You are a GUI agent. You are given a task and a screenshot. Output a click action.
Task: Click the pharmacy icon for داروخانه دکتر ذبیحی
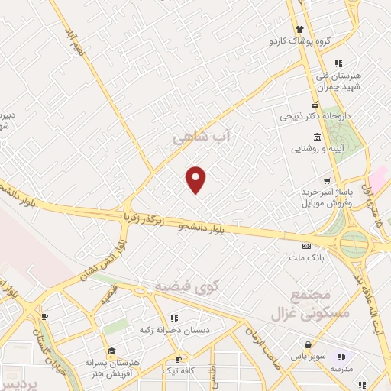point(314,105)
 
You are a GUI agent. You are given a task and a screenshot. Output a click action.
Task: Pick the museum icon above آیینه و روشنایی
point(317,136)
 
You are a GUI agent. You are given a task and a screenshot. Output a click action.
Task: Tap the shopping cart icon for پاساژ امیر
point(327,181)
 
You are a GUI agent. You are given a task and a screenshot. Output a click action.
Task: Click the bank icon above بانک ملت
point(306,246)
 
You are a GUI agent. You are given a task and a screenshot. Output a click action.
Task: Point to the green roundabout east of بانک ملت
point(354,244)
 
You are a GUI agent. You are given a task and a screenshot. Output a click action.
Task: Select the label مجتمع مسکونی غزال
point(312,305)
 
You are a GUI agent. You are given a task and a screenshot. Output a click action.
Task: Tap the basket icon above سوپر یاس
point(308,344)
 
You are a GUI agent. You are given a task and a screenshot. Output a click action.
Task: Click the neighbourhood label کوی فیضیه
point(187,286)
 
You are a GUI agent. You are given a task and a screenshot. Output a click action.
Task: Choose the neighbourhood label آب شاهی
point(202,137)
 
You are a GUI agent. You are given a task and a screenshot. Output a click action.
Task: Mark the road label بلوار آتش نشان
point(102,261)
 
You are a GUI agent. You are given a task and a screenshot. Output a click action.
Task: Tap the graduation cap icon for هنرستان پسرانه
point(111,351)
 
